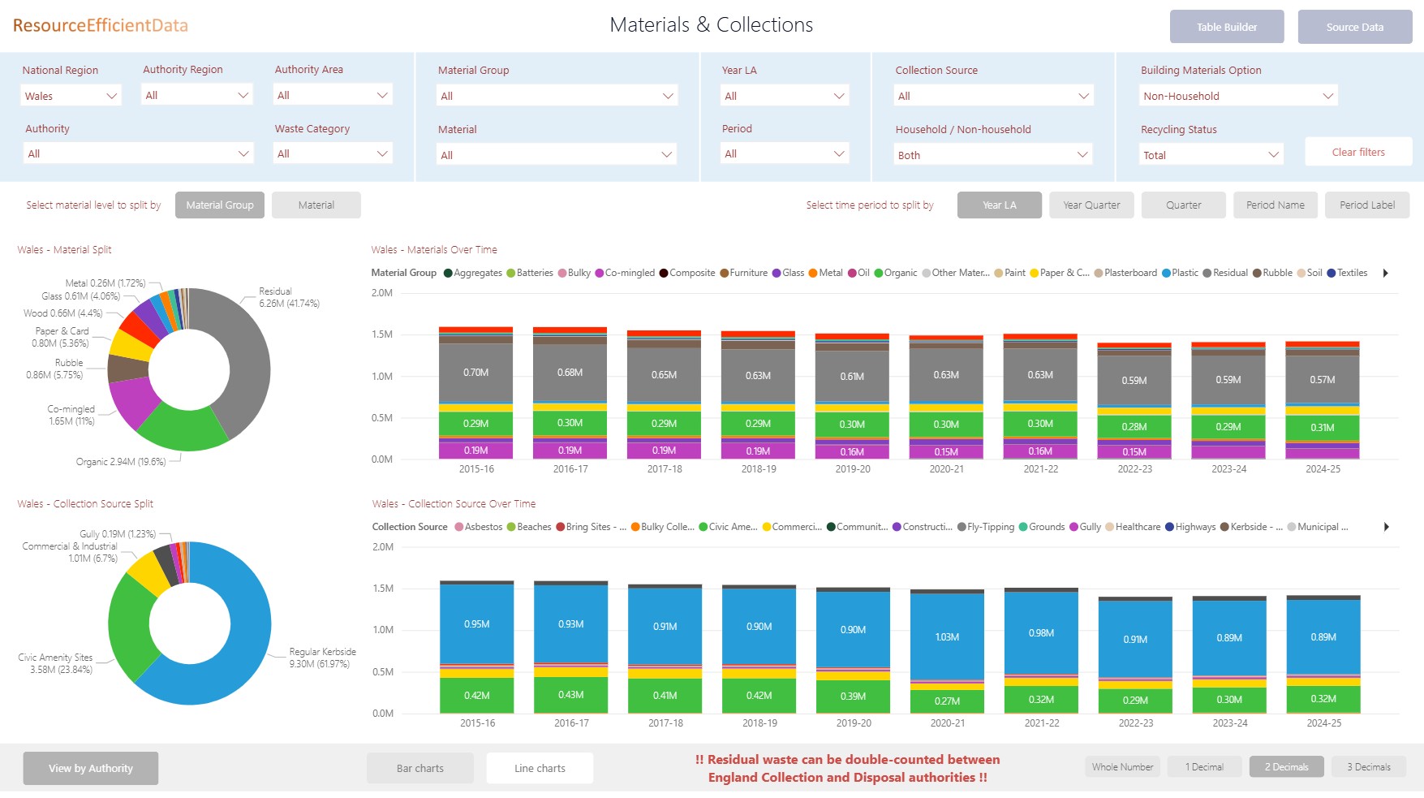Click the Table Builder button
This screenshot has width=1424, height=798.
tap(1226, 27)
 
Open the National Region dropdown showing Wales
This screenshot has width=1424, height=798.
tap(71, 96)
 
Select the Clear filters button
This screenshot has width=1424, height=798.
tap(1357, 152)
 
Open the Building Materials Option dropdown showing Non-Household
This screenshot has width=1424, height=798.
tap(1237, 96)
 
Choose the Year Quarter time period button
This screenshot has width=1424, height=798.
tap(1091, 205)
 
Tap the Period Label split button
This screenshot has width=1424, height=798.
tap(1366, 205)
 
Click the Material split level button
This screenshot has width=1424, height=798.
tap(316, 205)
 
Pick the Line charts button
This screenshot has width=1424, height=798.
tap(540, 768)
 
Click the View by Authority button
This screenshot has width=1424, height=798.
tap(90, 768)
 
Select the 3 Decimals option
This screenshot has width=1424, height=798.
tap(1368, 767)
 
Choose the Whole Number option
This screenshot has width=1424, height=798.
tap(1122, 767)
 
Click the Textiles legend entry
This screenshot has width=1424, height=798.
tap(1347, 273)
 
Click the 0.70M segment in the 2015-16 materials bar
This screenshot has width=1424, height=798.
tap(475, 373)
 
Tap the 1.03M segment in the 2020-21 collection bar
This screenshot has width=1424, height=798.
tap(947, 637)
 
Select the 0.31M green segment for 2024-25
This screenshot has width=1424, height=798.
tap(1322, 428)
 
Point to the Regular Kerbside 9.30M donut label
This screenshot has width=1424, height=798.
tap(322, 658)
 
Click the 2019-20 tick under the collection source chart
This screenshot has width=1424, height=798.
tap(853, 723)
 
